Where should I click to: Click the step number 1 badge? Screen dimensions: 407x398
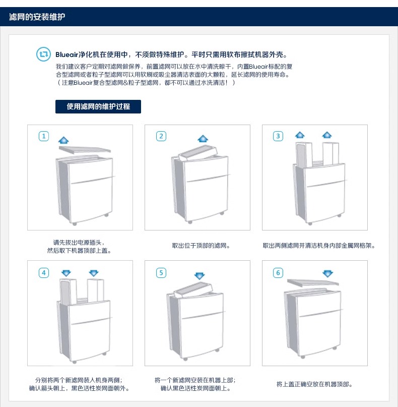(x=44, y=136)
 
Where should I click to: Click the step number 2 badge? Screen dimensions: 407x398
(x=161, y=136)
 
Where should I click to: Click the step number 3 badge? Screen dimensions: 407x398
(x=278, y=136)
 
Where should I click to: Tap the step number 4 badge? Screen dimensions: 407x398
(x=44, y=273)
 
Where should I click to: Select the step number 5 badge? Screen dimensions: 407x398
(x=161, y=273)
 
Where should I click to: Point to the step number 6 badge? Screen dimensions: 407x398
(x=278, y=273)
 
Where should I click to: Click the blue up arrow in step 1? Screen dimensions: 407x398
(x=64, y=140)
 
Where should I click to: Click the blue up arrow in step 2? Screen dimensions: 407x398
(x=203, y=138)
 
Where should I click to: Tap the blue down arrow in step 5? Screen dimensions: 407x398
(x=200, y=276)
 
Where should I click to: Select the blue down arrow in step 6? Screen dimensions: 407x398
(x=328, y=273)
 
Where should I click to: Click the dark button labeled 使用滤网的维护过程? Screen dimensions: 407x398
(x=98, y=106)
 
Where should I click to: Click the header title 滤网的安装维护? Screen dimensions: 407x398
(x=37, y=17)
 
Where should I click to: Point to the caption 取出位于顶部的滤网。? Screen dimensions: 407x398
(x=202, y=246)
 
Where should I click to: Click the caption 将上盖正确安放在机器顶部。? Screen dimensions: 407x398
(x=314, y=384)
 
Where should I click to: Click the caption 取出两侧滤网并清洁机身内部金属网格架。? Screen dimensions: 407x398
(x=319, y=246)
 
